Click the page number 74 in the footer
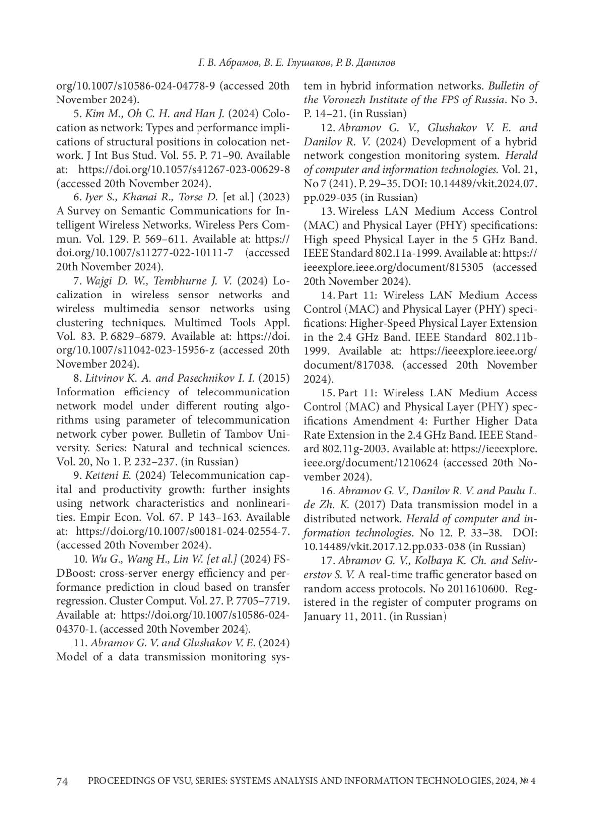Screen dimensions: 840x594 (62, 781)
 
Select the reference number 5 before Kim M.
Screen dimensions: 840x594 (77, 114)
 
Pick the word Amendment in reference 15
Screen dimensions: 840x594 (381, 421)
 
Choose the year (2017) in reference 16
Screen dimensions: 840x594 (368, 505)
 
